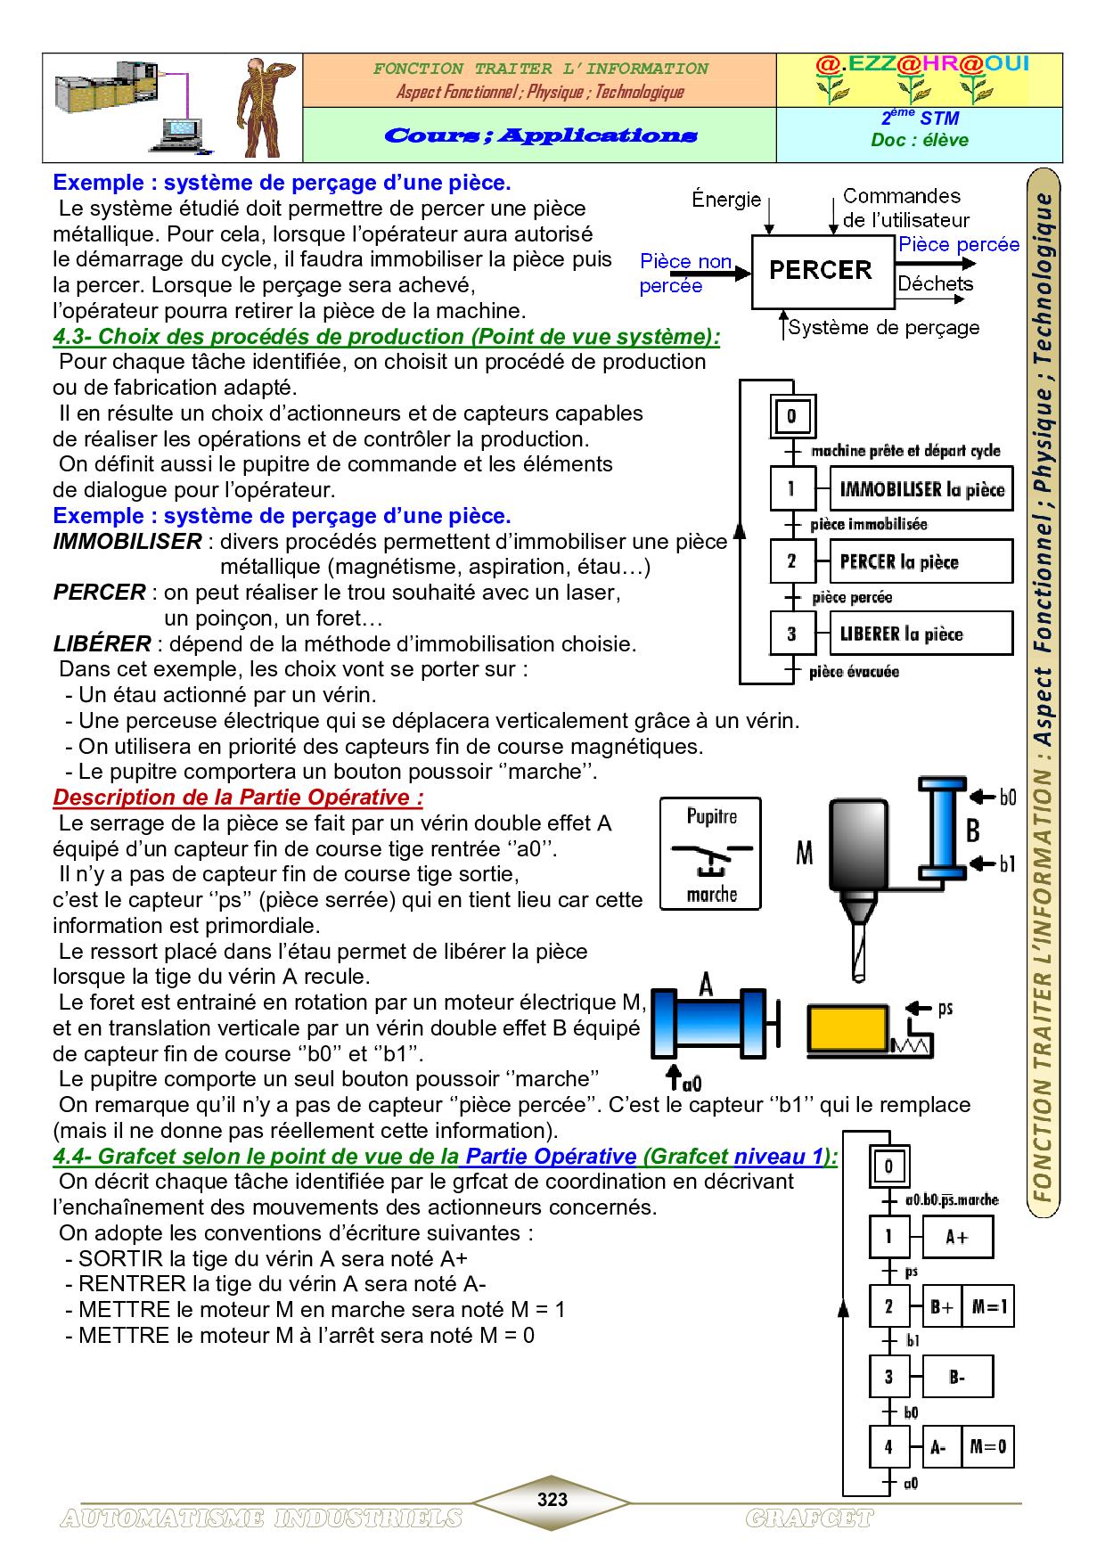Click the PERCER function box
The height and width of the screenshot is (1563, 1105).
point(822,271)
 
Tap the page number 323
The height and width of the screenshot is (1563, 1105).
point(552,1500)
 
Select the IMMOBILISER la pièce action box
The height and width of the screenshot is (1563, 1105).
point(921,489)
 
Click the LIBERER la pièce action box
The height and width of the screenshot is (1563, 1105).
point(921,634)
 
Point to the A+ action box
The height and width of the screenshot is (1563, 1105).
point(956,1237)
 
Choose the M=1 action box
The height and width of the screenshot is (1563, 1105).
point(989,1307)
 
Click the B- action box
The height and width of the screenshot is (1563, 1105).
point(956,1377)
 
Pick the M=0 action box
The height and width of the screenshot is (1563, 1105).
point(987,1447)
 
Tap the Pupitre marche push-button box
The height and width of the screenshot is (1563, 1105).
point(710,854)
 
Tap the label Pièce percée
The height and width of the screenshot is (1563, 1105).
point(959,245)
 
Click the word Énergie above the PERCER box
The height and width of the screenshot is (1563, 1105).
point(726,200)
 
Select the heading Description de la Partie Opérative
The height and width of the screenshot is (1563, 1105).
point(238,798)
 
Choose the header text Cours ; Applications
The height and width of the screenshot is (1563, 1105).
point(540,135)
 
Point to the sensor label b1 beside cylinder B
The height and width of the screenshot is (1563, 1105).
point(1007,863)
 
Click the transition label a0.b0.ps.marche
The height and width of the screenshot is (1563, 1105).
point(952,1200)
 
